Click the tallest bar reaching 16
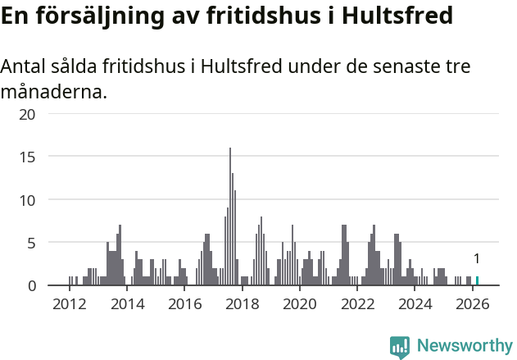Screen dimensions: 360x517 point(230,217)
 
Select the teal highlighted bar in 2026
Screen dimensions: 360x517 point(478,280)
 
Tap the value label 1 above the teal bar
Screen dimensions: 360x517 point(477,259)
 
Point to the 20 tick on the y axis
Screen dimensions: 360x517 point(27,114)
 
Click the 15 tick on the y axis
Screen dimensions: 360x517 point(27,157)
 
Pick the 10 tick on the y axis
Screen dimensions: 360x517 point(27,200)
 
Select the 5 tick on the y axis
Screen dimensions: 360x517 point(31,243)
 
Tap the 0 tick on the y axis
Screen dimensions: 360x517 point(31,285)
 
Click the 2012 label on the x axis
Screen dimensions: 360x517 point(69,304)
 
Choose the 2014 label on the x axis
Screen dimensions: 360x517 point(126,304)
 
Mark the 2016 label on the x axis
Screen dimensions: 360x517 point(184,304)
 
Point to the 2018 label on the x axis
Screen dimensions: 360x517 point(242,304)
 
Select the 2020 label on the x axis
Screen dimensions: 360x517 point(299,304)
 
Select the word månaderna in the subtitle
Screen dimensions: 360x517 point(53,92)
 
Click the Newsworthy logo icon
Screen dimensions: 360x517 point(399,346)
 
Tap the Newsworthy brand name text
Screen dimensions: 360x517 point(464,346)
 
